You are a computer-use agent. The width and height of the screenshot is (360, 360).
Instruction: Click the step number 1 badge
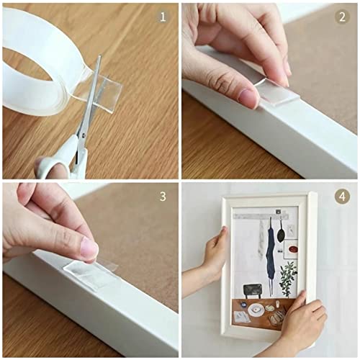pos(163,16)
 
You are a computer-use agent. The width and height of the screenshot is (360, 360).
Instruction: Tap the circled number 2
pos(342,16)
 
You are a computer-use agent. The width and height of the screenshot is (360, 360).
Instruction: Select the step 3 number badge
pos(163,196)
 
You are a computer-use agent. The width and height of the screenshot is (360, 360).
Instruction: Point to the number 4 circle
pos(342,196)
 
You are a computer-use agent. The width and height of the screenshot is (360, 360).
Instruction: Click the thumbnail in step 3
pos(89,249)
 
